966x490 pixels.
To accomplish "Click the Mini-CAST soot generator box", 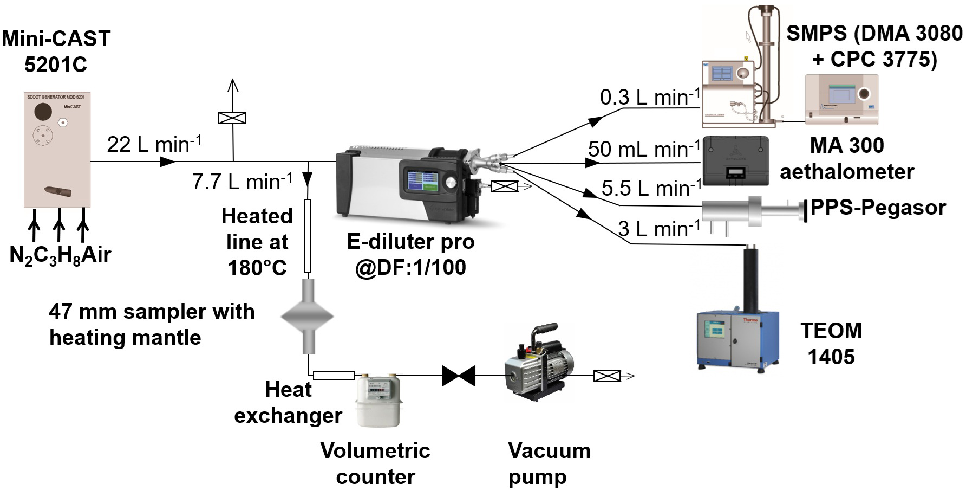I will tap(57, 150).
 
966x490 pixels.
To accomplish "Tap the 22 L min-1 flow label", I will tap(154, 144).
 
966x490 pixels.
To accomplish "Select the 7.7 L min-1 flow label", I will tap(241, 181).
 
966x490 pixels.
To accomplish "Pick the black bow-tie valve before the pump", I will tap(458, 376).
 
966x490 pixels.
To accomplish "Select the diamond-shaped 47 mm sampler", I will tap(307, 315).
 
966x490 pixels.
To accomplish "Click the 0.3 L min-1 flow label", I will tap(649, 97).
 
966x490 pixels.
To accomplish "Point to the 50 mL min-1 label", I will tap(643, 149).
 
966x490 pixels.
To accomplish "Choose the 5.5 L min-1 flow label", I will tap(651, 188).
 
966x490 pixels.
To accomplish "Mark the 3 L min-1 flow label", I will tap(658, 229).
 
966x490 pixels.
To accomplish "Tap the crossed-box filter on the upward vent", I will tap(232, 118).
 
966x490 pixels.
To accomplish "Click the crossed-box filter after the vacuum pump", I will tap(607, 376).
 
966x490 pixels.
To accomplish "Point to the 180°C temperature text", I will tap(257, 268).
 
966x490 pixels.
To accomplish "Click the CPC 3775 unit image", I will tap(841, 100).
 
